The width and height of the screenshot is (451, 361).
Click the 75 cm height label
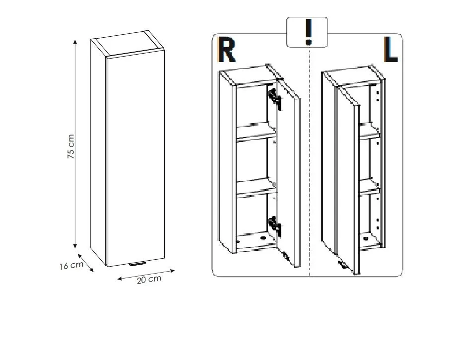click(71, 146)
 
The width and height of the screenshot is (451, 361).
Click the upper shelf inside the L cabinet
click(370, 131)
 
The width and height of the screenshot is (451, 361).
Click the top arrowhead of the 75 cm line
click(75, 41)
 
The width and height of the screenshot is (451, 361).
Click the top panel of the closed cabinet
click(128, 45)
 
